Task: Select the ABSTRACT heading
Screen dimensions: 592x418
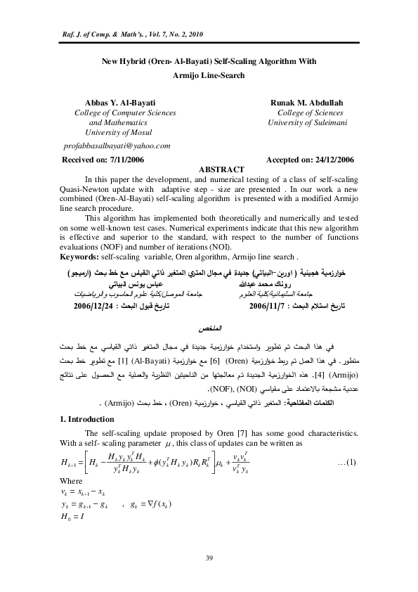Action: click(x=222, y=169)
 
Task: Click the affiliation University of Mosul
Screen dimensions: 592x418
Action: click(x=118, y=131)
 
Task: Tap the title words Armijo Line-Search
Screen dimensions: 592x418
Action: click(x=209, y=73)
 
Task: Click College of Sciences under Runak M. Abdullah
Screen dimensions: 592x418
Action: click(x=310, y=112)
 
